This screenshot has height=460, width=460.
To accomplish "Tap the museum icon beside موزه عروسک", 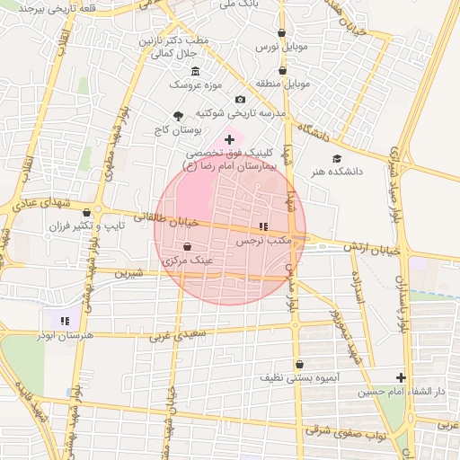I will [195, 71].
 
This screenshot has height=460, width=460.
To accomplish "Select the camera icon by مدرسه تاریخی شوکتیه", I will [240, 100].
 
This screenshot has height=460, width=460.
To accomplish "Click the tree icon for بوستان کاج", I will [178, 116].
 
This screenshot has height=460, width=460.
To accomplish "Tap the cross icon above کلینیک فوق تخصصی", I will [229, 139].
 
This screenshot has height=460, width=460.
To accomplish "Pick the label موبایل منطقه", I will [283, 84].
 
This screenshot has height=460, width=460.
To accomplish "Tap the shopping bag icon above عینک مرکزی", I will [187, 245].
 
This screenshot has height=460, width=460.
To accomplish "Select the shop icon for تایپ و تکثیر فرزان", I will [86, 213].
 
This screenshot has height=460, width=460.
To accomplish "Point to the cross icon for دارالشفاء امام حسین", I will [402, 378].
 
